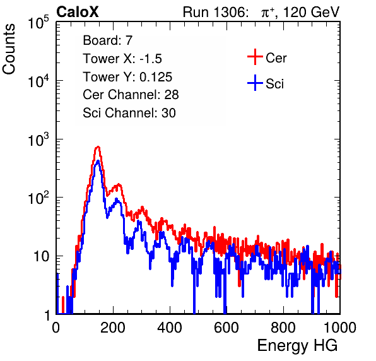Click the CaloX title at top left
[x=78, y=12]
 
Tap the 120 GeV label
[x=312, y=12]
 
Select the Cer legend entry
[x=267, y=57]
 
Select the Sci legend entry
[x=266, y=83]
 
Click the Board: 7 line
[x=108, y=40]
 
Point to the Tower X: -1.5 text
[x=122, y=59]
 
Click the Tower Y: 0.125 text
[x=127, y=77]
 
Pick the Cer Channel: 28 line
[x=131, y=95]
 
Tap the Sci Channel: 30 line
[x=129, y=113]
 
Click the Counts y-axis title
[x=9, y=49]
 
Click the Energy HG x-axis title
[x=297, y=346]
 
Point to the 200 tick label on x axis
[x=113, y=328]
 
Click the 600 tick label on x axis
[x=226, y=328]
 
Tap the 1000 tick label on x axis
[x=340, y=328]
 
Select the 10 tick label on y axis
[x=42, y=256]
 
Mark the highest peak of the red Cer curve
[x=98, y=146]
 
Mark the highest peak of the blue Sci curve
[x=98, y=161]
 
